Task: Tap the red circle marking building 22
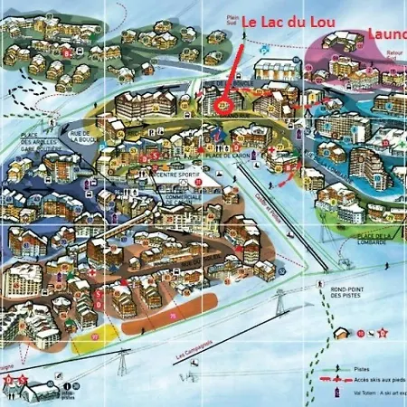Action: click(225, 104)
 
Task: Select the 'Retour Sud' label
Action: click(394, 55)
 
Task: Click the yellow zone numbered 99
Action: click(95, 338)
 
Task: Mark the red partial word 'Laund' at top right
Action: click(387, 33)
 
